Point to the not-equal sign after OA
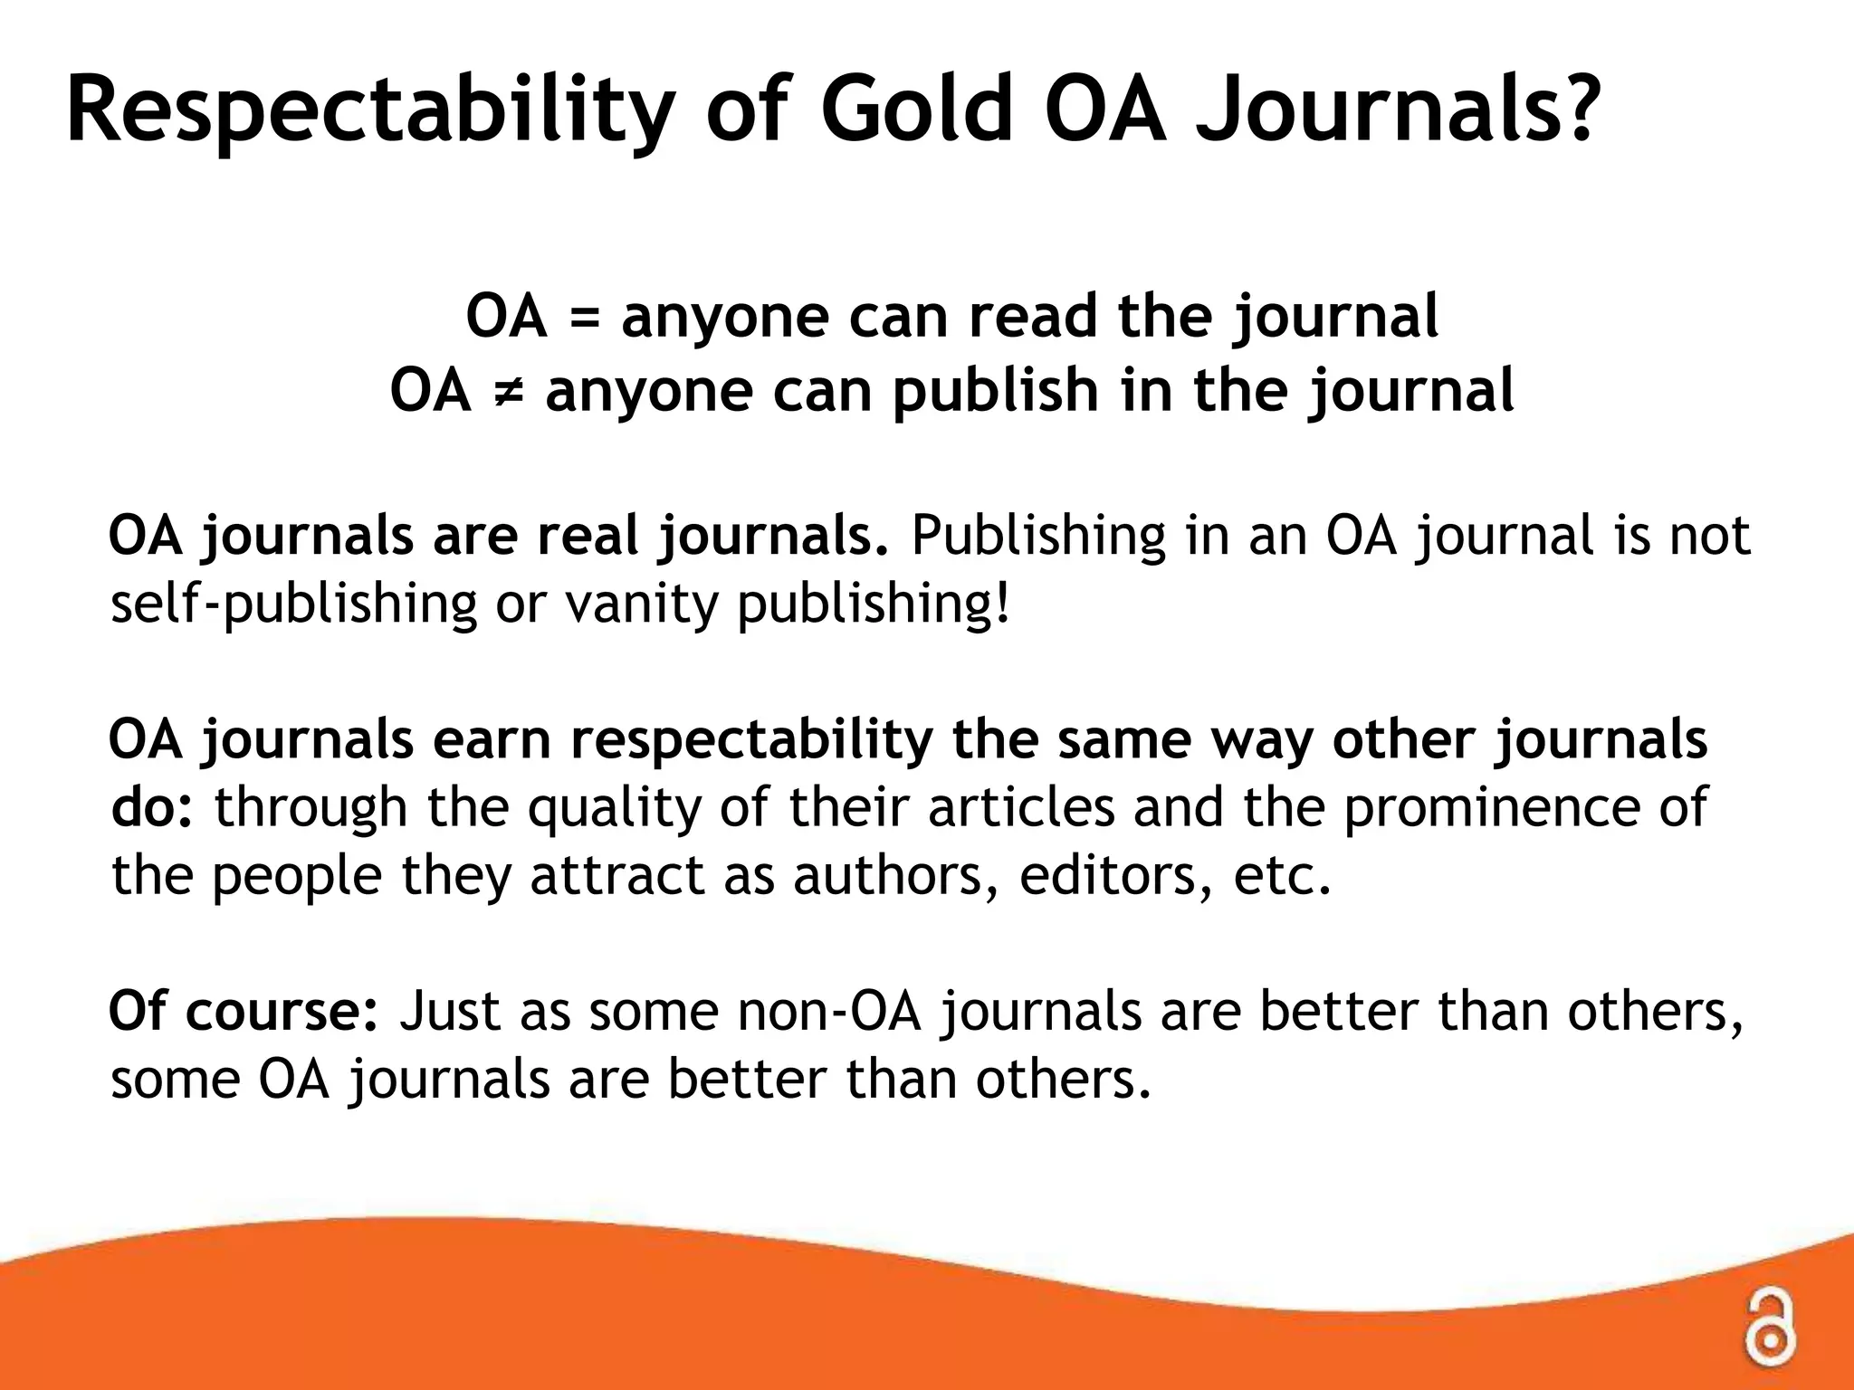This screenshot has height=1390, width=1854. pos(508,392)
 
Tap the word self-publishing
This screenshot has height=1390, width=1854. pos(293,605)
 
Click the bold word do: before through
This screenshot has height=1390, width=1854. pos(152,806)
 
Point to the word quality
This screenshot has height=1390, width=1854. pos(615,808)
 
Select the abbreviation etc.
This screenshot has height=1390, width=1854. pos(1282,875)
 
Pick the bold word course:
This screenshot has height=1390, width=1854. pos(282,1011)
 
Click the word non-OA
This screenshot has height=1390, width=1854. pos(829,1011)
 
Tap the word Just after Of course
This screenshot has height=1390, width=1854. pos(449,1011)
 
